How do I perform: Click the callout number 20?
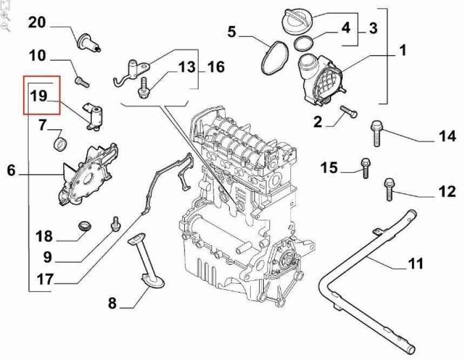click(37, 23)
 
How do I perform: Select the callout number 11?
click(415, 264)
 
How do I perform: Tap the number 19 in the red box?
click(39, 96)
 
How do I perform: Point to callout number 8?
click(112, 304)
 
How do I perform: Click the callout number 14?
click(447, 136)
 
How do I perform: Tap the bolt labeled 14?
click(377, 132)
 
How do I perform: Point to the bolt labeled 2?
click(348, 112)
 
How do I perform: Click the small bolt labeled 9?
click(115, 223)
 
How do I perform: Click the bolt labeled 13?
click(143, 88)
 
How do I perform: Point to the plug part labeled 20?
click(89, 42)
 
